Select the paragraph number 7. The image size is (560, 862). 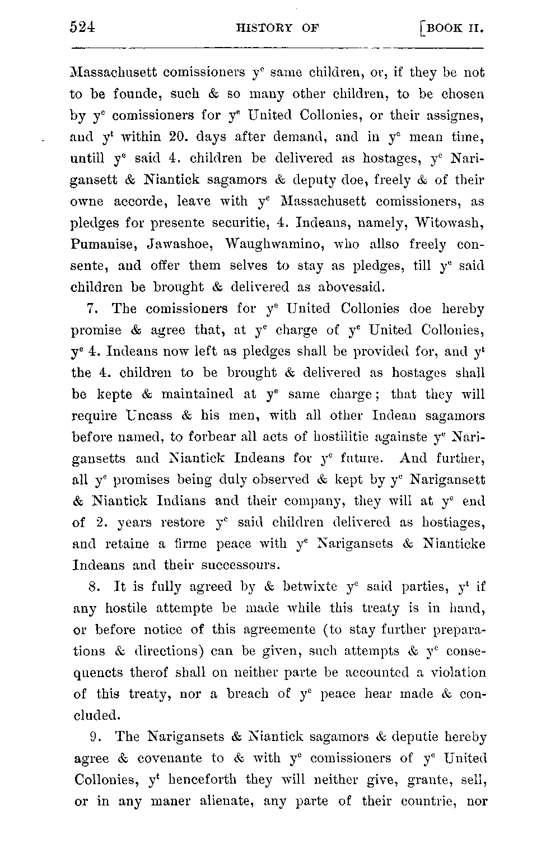(x=93, y=309)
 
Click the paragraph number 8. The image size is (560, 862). (x=94, y=587)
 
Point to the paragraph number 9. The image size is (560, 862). (x=94, y=737)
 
